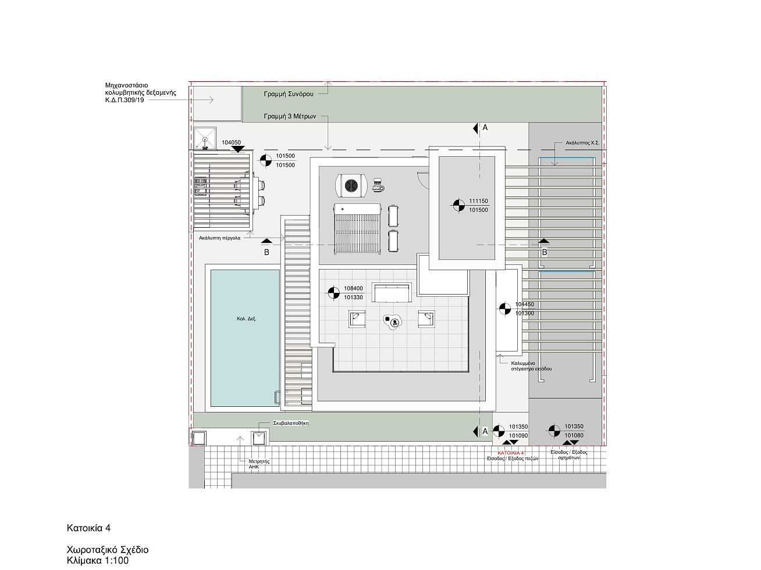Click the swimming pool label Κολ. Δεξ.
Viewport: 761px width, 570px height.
247,319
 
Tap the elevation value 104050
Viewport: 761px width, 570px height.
231,142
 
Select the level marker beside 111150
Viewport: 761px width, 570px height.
458,205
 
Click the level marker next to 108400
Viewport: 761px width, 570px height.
333,293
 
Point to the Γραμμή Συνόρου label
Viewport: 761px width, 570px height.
289,94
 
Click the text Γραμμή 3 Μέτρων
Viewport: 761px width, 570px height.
290,117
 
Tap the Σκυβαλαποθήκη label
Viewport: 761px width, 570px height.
291,423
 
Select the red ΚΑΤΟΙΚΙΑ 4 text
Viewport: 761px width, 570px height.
510,453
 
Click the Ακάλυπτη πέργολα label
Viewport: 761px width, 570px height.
219,238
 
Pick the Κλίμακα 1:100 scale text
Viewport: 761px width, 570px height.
97,561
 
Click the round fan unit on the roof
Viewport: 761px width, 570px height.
351,185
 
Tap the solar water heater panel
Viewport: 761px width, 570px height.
357,229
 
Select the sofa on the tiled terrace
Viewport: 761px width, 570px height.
392,292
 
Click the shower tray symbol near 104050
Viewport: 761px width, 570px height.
205,138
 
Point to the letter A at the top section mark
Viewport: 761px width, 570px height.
485,128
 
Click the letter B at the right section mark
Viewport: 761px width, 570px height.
545,252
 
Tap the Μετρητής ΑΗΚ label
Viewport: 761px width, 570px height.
259,464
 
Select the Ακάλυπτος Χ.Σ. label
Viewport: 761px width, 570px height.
582,142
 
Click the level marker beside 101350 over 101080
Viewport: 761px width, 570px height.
554,431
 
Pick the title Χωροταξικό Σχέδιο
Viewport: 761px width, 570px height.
108,550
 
